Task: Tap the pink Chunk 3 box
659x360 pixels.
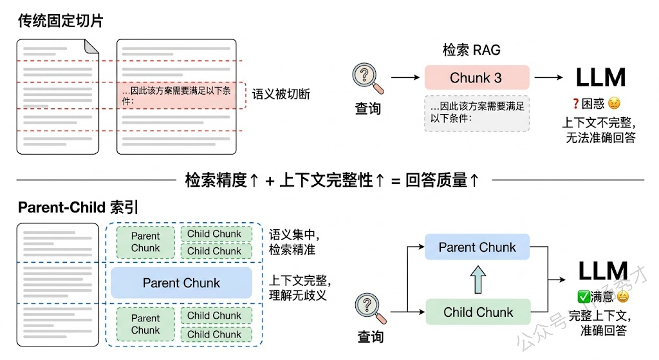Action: click(476, 78)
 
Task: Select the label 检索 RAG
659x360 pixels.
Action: click(471, 50)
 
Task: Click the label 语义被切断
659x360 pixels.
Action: click(281, 94)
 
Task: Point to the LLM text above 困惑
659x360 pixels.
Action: click(600, 78)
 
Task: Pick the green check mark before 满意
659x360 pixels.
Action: click(584, 297)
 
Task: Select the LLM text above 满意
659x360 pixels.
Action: click(602, 271)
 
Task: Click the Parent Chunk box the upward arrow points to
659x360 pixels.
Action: click(477, 247)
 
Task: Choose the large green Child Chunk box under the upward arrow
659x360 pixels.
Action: click(478, 312)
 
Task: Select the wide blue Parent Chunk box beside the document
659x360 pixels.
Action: click(181, 283)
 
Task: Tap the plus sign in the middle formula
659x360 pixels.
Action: click(270, 180)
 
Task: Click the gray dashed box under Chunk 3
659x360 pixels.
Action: click(476, 113)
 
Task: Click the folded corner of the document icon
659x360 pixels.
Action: click(92, 46)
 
